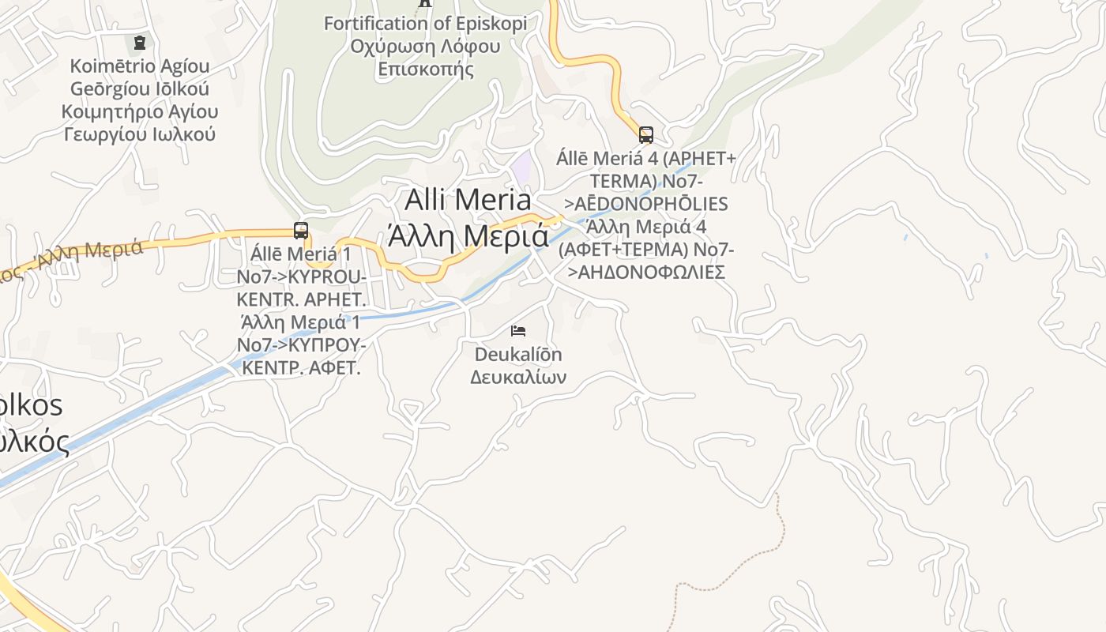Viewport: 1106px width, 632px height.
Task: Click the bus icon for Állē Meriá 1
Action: click(x=301, y=231)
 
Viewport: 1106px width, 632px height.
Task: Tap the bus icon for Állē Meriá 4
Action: click(x=646, y=135)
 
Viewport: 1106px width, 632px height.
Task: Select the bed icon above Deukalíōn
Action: click(x=518, y=330)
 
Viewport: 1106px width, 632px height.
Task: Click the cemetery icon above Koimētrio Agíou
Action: click(x=140, y=42)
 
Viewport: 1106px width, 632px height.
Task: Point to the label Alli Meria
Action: click(x=468, y=199)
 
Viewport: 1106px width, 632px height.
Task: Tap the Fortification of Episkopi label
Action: click(x=425, y=24)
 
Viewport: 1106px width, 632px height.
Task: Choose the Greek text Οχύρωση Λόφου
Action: click(x=425, y=47)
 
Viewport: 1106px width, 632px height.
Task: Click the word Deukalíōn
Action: click(x=518, y=354)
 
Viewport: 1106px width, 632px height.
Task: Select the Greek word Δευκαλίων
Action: click(x=518, y=377)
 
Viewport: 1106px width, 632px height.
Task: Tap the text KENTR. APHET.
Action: click(x=302, y=300)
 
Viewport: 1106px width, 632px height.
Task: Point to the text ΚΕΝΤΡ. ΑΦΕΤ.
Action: click(x=302, y=368)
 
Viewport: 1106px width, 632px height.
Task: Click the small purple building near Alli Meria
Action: click(x=521, y=167)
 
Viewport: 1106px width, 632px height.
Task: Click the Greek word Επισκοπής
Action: click(x=425, y=70)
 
